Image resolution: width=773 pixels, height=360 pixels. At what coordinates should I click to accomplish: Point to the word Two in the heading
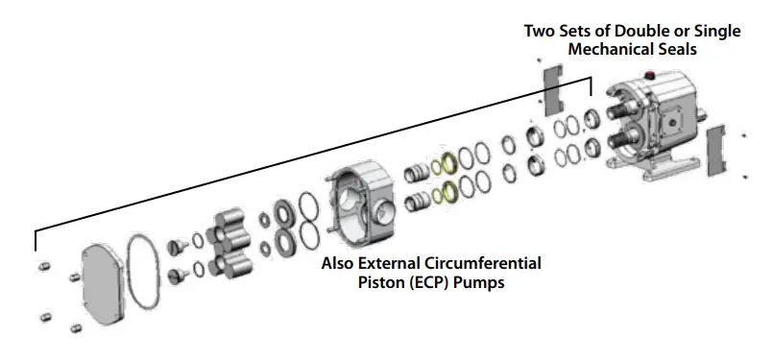point(539,31)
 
